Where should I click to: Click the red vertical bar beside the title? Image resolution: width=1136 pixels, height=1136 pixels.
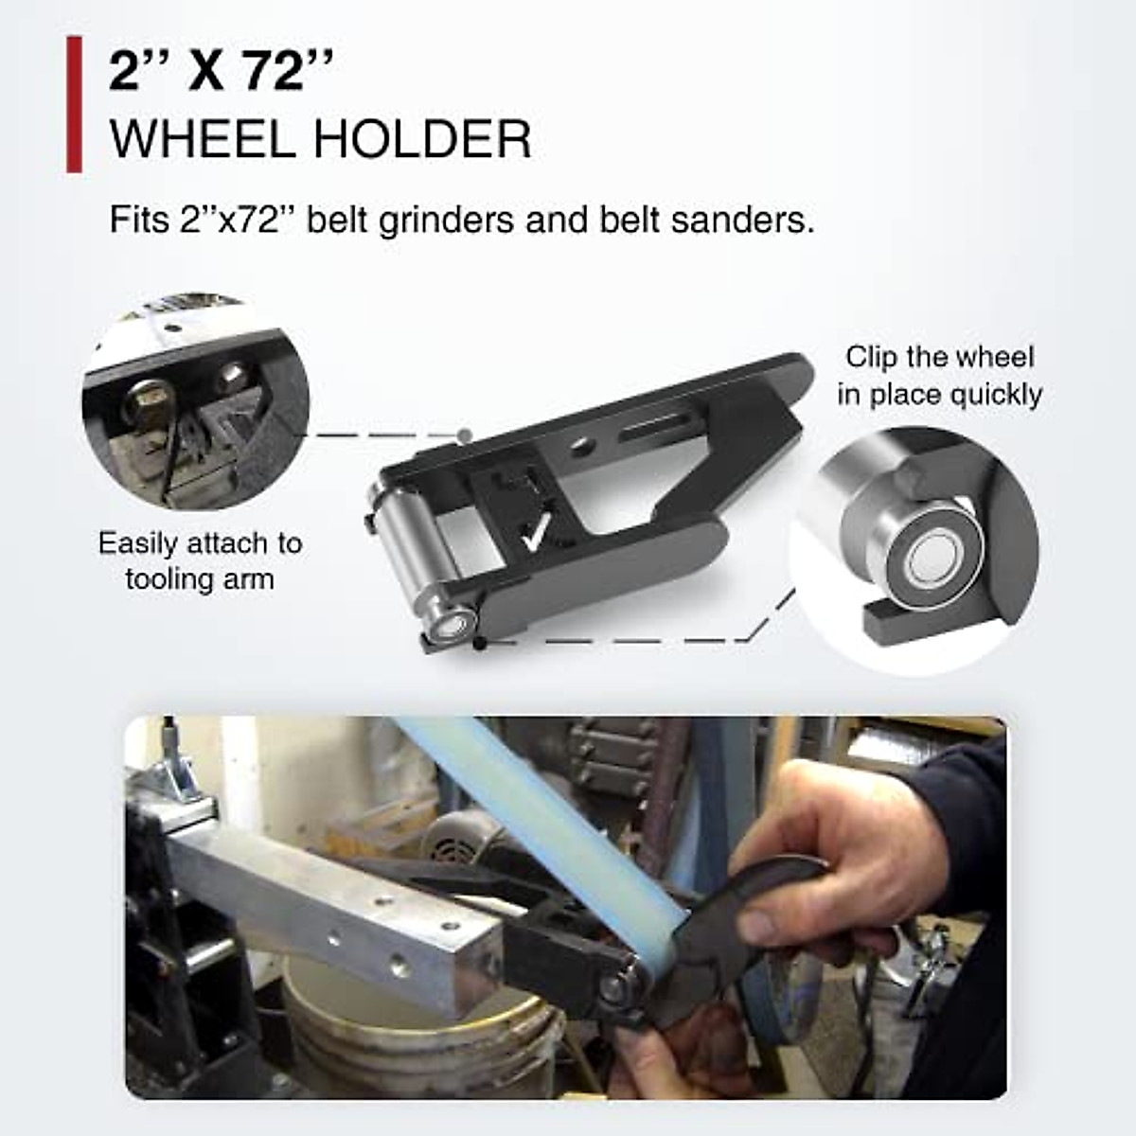[x=74, y=104]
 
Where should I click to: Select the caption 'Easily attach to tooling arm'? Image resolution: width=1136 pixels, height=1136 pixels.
[x=200, y=560]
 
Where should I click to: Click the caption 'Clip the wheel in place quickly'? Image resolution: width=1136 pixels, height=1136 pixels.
[x=940, y=375]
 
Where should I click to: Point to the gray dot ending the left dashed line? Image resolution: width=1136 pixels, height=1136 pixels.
[x=464, y=435]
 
